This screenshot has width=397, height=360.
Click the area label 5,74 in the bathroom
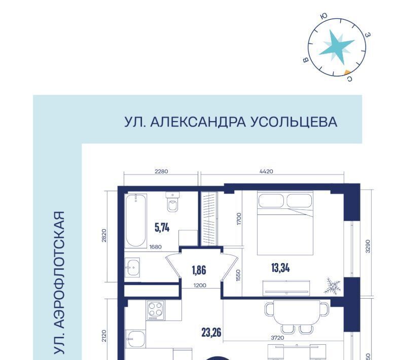162,227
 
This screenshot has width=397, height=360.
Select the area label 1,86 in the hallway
199,270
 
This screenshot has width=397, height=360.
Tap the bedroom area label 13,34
280,268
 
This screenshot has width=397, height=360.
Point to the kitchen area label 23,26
211,332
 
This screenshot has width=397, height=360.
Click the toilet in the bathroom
173,201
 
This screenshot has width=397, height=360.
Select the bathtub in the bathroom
136,220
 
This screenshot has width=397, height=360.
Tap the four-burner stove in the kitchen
155,310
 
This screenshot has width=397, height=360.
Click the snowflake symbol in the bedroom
332,286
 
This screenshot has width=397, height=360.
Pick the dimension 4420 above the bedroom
266,171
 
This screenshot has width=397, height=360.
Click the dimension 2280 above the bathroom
161,171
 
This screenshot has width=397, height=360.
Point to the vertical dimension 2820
104,235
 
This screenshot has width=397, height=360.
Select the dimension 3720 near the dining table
277,338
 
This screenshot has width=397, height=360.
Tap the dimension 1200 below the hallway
200,285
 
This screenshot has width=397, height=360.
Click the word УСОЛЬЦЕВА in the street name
294,122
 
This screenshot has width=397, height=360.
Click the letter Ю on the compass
323,16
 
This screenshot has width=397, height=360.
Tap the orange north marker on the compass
347,73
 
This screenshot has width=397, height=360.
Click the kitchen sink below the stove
136,339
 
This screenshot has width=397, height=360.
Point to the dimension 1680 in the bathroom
156,247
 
